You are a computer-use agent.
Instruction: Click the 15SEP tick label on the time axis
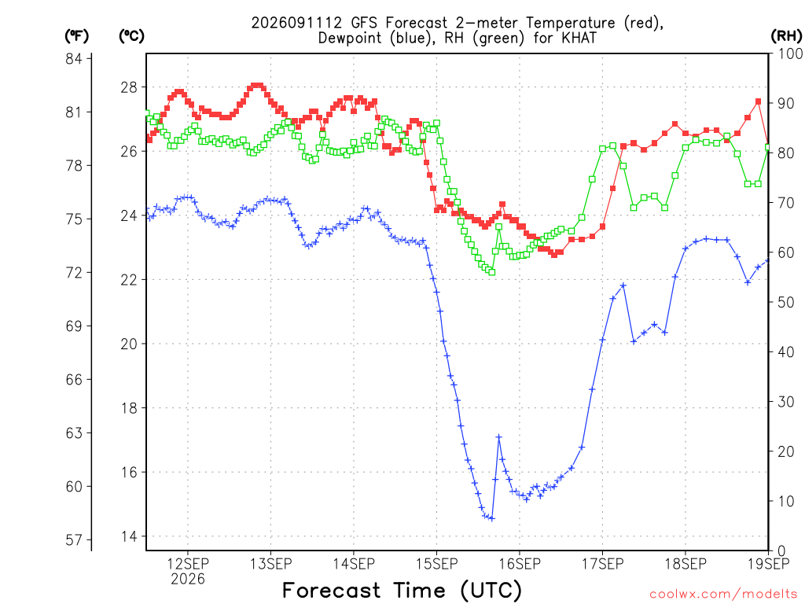coord(437,564)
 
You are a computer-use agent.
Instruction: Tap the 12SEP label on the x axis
coord(188,564)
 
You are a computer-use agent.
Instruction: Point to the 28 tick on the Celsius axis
coord(130,87)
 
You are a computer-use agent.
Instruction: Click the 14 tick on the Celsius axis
coord(130,536)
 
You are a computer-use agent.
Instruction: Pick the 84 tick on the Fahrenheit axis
coord(74,58)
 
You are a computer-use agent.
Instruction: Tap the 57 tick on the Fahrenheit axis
coord(74,540)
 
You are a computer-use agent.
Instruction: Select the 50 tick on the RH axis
coord(786,302)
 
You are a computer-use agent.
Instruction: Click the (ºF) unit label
coord(76,36)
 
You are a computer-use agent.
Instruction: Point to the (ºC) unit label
coord(131,36)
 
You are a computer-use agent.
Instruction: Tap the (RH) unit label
coord(786,36)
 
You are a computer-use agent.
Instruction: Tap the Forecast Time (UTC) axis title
coord(402,591)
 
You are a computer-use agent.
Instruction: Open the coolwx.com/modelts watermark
coord(724,595)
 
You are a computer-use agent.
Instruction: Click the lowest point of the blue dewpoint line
coord(492,519)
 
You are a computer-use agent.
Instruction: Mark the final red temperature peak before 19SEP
coord(759,101)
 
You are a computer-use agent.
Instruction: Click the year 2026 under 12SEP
coord(188,580)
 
